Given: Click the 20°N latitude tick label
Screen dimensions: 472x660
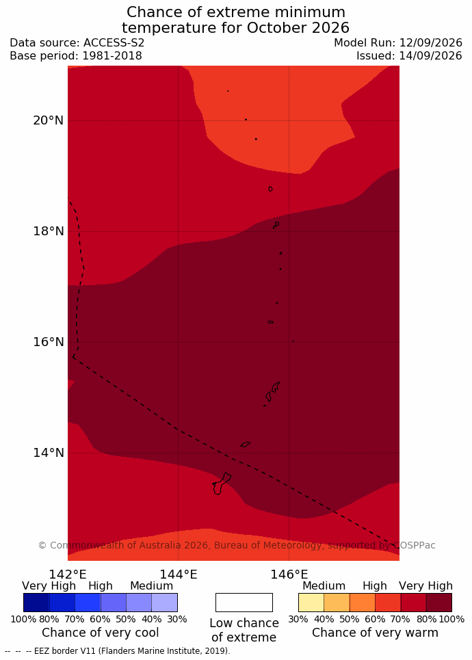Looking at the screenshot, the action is [x=49, y=120].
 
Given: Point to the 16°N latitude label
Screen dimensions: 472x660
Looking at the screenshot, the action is [x=49, y=342].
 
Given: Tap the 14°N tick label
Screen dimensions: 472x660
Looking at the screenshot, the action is [x=49, y=453].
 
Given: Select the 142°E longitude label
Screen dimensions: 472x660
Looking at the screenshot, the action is [x=68, y=574].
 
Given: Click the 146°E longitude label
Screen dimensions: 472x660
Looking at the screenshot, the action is [x=289, y=574].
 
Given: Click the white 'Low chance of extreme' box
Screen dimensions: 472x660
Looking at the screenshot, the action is [x=244, y=603].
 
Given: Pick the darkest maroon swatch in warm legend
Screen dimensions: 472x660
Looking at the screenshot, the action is [x=438, y=603].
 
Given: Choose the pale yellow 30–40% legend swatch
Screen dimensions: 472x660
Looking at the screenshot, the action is [x=311, y=603].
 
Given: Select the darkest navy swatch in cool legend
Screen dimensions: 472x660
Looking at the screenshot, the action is [x=36, y=603].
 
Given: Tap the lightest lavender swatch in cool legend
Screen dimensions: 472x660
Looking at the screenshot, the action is [x=164, y=603].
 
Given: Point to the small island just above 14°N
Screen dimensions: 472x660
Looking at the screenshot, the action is [x=246, y=444].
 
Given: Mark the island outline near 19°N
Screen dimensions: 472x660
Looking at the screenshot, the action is [x=270, y=189].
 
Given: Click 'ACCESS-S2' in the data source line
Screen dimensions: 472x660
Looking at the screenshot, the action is [x=114, y=43].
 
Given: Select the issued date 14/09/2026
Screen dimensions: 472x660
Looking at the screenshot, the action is [x=430, y=56].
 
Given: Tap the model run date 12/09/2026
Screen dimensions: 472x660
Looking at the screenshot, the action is [x=430, y=43].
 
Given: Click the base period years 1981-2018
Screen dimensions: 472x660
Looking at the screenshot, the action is [x=112, y=56].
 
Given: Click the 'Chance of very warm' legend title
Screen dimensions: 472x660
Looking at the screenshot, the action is [x=375, y=633].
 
